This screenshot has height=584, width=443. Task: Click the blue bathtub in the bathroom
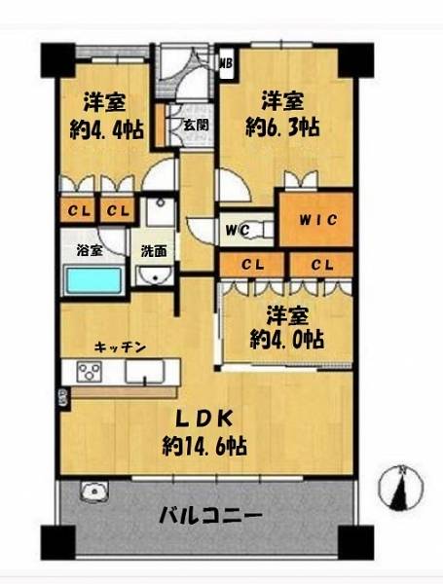coord(94,280)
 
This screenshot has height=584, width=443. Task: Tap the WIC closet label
coord(318,220)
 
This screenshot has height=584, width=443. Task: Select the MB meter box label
coord(226,63)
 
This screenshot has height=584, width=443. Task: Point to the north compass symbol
coord(401,488)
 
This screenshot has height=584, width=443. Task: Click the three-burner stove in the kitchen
coord(89,372)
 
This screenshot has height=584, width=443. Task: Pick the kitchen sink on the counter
coord(144,372)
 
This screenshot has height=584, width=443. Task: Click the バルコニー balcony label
coord(211,516)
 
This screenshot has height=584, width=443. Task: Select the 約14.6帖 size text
coord(204,446)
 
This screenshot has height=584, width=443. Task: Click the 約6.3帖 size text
coord(282,128)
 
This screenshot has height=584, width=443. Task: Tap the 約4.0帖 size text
coord(286,339)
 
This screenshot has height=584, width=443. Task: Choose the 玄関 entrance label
coord(196,126)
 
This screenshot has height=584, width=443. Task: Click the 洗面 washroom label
coord(154,251)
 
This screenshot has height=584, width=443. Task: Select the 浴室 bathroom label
coord(90,250)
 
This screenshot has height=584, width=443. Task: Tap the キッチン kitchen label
coord(120,347)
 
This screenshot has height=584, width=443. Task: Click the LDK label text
coord(203,420)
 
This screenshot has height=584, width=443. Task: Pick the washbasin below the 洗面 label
coord(154,275)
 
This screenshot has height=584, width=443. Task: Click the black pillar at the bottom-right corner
coord(355,542)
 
